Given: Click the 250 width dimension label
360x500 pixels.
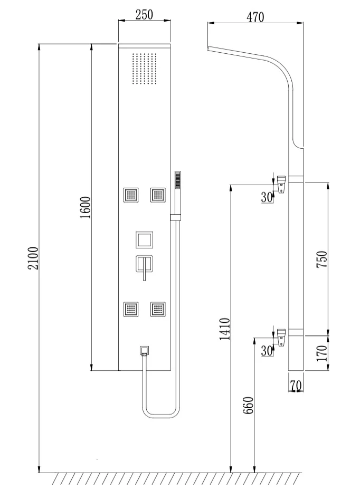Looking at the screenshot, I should point(144,14).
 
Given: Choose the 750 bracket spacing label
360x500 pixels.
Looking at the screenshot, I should point(322,259).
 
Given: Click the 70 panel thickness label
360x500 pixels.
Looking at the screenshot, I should point(296,386).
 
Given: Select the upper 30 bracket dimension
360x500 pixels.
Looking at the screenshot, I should point(266,197).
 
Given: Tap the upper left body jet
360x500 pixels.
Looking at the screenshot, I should point(130,195).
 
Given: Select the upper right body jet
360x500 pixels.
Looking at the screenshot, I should point(157,195).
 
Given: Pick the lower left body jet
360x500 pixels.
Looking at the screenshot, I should point(130,309).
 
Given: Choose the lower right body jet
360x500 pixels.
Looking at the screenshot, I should point(157,309).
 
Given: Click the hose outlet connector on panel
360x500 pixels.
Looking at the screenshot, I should point(144,350).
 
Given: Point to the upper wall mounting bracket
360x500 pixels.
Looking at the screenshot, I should point(282,184).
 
